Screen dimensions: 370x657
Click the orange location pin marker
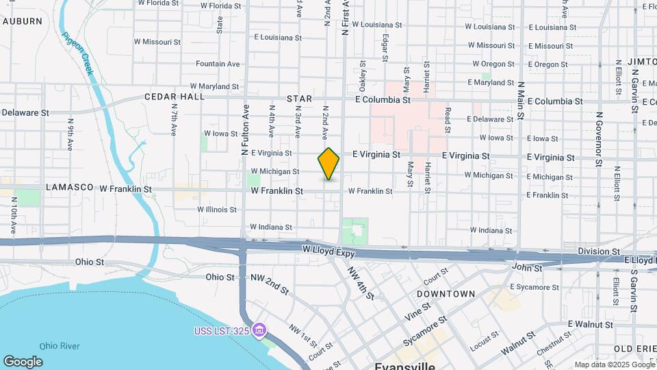tap(329, 163)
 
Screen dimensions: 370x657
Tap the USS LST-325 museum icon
tap(259, 332)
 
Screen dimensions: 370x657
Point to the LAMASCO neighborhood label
tap(69, 187)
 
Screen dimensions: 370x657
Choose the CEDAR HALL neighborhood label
tap(175, 97)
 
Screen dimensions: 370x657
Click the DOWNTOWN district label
tap(446, 293)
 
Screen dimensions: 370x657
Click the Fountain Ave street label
tap(218, 64)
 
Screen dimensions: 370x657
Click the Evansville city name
tap(404, 365)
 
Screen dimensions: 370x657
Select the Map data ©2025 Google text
tap(614, 365)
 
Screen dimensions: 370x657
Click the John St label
tap(527, 268)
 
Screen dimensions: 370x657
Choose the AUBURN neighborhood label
tap(23, 21)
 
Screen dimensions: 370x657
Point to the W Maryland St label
tap(214, 86)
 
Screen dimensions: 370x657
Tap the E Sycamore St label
tap(536, 286)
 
